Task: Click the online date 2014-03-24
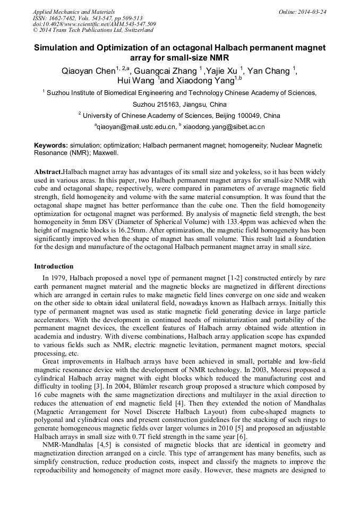coord(311,12)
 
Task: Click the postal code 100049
coord(248,116)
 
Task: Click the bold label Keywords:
coord(51,145)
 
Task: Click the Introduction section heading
coord(54,266)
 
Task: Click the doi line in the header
coord(95,24)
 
